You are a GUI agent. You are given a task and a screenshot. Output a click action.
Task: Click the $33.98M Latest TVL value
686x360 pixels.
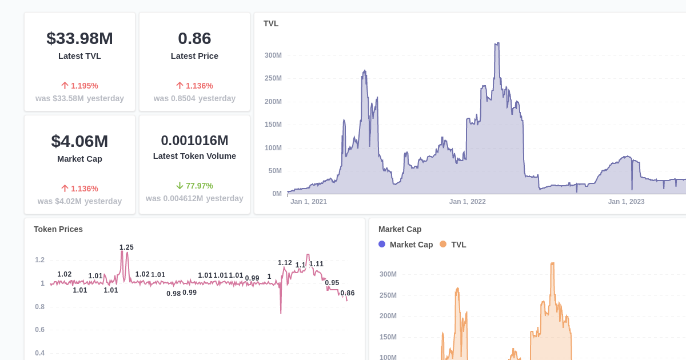[x=79, y=38]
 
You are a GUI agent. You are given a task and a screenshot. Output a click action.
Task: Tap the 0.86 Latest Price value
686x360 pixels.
[x=194, y=38]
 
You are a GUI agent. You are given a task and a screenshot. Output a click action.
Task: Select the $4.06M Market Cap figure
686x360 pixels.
[x=79, y=141]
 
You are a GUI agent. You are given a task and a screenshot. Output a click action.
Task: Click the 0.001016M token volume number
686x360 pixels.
[x=194, y=141]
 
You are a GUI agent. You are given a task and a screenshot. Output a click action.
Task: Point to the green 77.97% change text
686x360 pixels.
[x=199, y=186]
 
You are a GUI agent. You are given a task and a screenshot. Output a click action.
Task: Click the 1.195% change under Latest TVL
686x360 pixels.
[x=84, y=86]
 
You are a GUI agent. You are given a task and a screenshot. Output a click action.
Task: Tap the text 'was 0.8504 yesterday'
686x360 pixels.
[x=194, y=98]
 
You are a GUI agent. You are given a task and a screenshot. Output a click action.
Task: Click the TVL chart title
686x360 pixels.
[x=271, y=23]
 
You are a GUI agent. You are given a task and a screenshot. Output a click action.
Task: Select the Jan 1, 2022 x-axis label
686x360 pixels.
[x=467, y=202]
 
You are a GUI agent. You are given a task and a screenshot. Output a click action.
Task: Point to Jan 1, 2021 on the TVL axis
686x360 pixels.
[x=308, y=202]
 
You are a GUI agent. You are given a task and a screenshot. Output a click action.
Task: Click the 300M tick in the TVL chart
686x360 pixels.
[x=273, y=55]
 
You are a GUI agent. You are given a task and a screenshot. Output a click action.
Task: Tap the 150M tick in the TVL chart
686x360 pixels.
[x=273, y=125]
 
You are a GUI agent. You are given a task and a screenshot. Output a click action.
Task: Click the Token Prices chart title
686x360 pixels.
[x=58, y=229]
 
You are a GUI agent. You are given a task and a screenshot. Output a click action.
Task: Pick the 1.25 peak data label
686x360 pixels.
[x=126, y=247]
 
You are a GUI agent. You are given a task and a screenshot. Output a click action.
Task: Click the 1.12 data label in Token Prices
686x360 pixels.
[x=285, y=263]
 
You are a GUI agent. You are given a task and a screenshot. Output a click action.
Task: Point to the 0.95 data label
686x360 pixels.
[x=332, y=283]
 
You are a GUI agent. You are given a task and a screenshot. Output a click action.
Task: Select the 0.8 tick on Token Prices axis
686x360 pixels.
[x=39, y=307]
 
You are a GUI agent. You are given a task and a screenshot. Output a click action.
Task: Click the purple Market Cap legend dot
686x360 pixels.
[x=382, y=244]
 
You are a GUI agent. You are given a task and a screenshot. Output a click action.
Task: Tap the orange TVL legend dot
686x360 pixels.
[x=443, y=244]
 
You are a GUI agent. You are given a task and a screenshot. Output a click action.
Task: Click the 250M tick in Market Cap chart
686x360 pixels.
[x=388, y=295]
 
